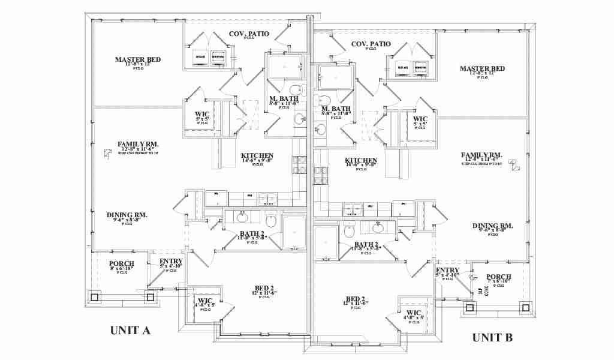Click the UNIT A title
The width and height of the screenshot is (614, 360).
coord(130,331)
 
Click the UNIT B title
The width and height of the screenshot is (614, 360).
coord(492,337)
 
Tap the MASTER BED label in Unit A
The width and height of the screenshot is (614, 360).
coord(138,59)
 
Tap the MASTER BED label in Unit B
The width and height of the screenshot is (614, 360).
coord(482,69)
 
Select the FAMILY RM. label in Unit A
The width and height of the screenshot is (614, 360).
coord(138,144)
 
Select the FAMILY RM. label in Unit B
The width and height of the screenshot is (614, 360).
coord(481,155)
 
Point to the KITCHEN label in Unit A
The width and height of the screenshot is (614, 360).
coord(257,155)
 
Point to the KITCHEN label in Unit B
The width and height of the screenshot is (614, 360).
coord(361,161)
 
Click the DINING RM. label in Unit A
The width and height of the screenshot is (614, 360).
coord(127,215)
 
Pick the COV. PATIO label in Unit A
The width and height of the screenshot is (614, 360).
coord(249,34)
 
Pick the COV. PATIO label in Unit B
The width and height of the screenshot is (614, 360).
coord(371,44)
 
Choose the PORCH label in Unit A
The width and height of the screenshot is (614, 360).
coord(122,264)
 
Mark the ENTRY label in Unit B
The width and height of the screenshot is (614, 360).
coord(447,271)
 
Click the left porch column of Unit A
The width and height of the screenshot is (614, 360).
coord(95,296)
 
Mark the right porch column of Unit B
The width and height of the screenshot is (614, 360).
coord(526,308)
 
